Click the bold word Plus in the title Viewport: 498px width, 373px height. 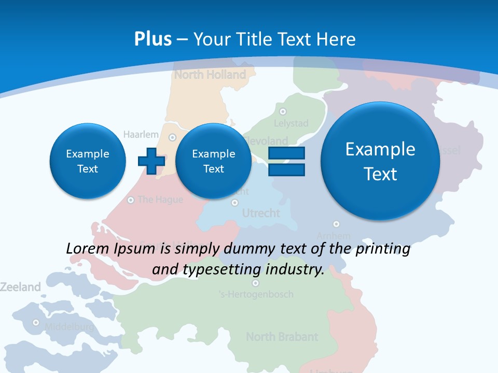click(x=153, y=39)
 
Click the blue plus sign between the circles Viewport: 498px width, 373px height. click(x=151, y=161)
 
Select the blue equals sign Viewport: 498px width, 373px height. click(x=286, y=161)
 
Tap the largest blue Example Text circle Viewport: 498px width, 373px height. click(x=380, y=161)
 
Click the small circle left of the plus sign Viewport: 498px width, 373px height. click(x=88, y=161)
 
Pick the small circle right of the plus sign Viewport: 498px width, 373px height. click(x=213, y=161)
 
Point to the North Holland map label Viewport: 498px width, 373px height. click(x=210, y=75)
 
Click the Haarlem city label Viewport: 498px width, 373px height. click(x=141, y=135)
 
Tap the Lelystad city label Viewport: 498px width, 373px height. click(x=291, y=123)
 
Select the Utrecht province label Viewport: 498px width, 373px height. click(x=261, y=213)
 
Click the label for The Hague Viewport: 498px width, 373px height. click(x=160, y=199)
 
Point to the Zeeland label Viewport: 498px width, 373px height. click(x=20, y=287)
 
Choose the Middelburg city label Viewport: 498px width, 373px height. click(x=69, y=327)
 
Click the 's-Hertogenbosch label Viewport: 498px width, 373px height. click(x=256, y=294)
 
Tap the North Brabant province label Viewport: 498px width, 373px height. click(x=282, y=337)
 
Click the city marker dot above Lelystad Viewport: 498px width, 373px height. click(x=283, y=111)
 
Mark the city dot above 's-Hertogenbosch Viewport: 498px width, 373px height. click(x=255, y=283)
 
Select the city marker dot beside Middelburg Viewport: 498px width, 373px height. click(x=36, y=322)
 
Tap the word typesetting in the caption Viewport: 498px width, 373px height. click(x=231, y=269)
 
